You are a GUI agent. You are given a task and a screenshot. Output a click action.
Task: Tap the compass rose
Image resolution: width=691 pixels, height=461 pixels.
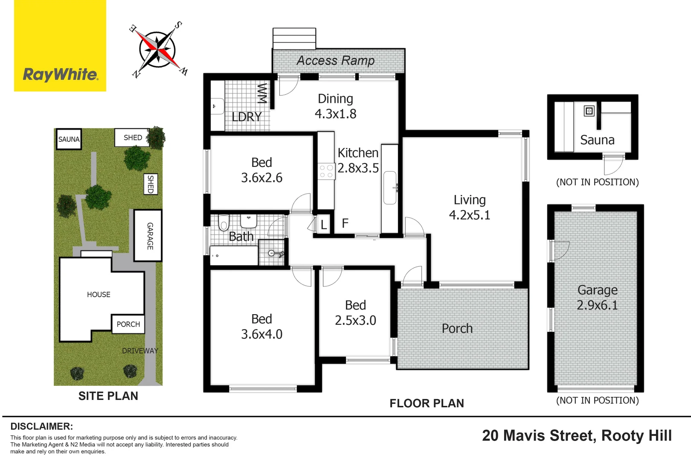click(x=158, y=50)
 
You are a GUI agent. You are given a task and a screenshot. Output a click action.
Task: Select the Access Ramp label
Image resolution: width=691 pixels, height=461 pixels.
click(x=336, y=61)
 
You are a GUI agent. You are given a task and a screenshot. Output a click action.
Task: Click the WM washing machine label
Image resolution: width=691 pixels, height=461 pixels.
click(x=262, y=93)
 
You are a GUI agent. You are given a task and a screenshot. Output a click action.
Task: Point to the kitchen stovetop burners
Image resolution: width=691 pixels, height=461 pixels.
click(x=326, y=172)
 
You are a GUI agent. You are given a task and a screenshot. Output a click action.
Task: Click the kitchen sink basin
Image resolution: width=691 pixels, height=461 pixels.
click(x=390, y=188)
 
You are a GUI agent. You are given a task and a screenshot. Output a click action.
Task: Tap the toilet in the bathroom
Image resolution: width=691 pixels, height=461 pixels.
click(x=224, y=222)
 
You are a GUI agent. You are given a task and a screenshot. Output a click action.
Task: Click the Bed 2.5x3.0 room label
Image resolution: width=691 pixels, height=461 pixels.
click(x=355, y=313)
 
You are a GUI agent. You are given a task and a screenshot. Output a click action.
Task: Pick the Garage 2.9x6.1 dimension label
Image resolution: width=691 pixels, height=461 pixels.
click(x=597, y=298)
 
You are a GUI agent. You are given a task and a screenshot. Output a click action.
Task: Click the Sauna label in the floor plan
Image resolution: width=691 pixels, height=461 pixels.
click(x=597, y=140)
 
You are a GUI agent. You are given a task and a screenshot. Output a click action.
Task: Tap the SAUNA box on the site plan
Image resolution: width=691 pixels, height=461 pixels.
click(x=69, y=139)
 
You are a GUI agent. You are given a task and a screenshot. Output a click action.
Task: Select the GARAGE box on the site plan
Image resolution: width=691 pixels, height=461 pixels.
click(x=148, y=236)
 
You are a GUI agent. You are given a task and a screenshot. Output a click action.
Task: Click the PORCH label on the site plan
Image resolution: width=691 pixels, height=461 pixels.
click(x=128, y=324)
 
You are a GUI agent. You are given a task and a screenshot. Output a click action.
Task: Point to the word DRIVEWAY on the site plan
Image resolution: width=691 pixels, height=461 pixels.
click(x=140, y=351)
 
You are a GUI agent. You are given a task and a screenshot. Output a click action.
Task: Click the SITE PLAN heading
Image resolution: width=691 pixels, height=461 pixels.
click(x=108, y=396)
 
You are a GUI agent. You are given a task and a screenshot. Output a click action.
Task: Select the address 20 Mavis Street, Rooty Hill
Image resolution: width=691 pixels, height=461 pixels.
click(x=577, y=436)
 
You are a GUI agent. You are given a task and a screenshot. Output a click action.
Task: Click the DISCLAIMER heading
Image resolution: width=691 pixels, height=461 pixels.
click(x=41, y=426)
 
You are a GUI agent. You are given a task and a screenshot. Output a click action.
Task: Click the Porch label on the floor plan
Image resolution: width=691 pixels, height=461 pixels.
click(x=457, y=328)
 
